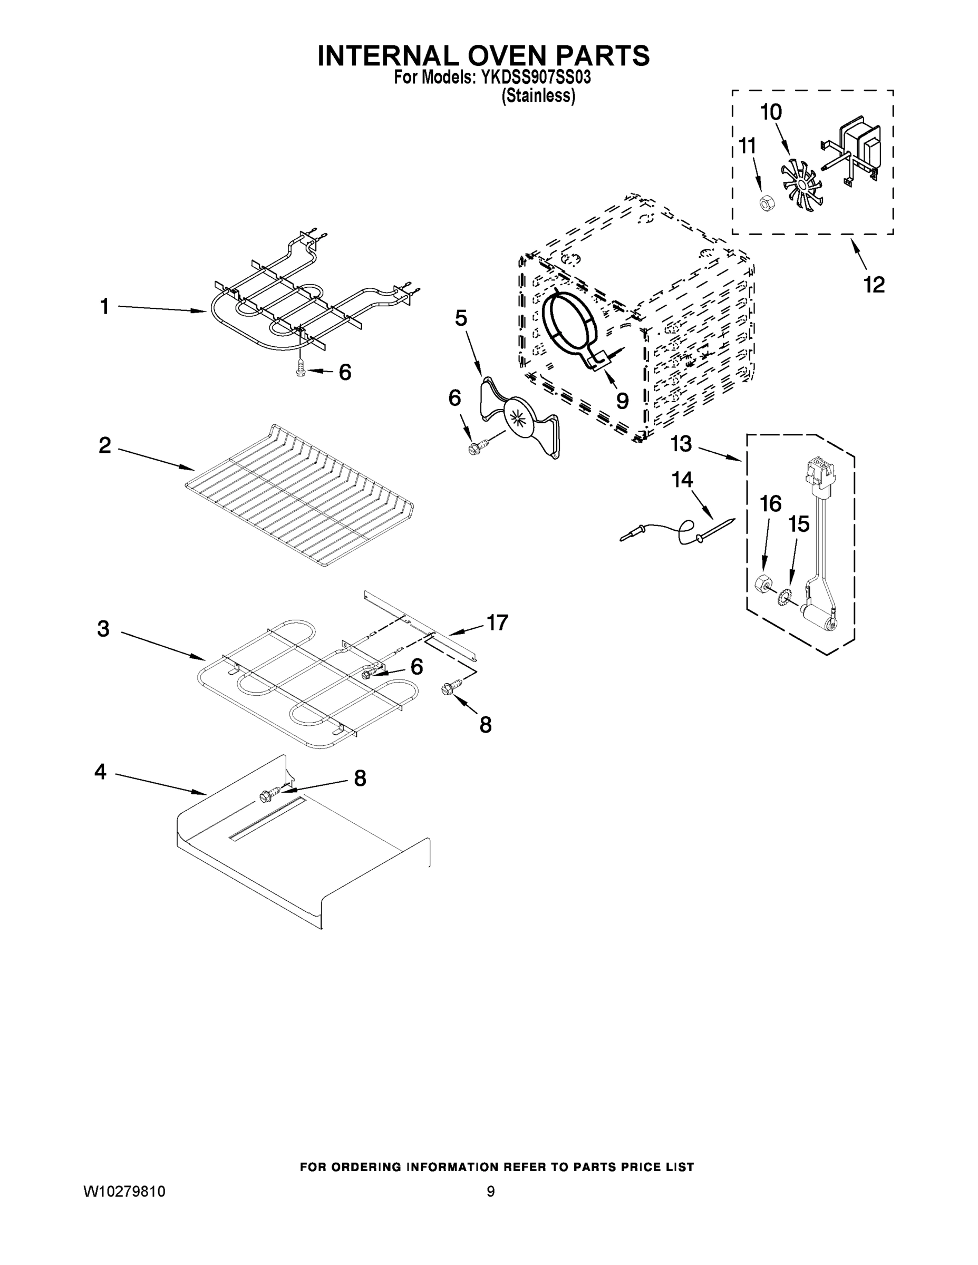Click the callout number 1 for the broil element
pos(105,306)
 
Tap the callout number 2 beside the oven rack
pos(105,445)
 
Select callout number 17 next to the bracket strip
pos(497,622)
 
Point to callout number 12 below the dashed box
pos(874,285)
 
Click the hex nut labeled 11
pos(766,203)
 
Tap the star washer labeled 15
pos(786,596)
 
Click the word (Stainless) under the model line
pos(538,96)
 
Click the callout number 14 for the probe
pos(682,479)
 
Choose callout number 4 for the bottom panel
pos(101,772)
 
